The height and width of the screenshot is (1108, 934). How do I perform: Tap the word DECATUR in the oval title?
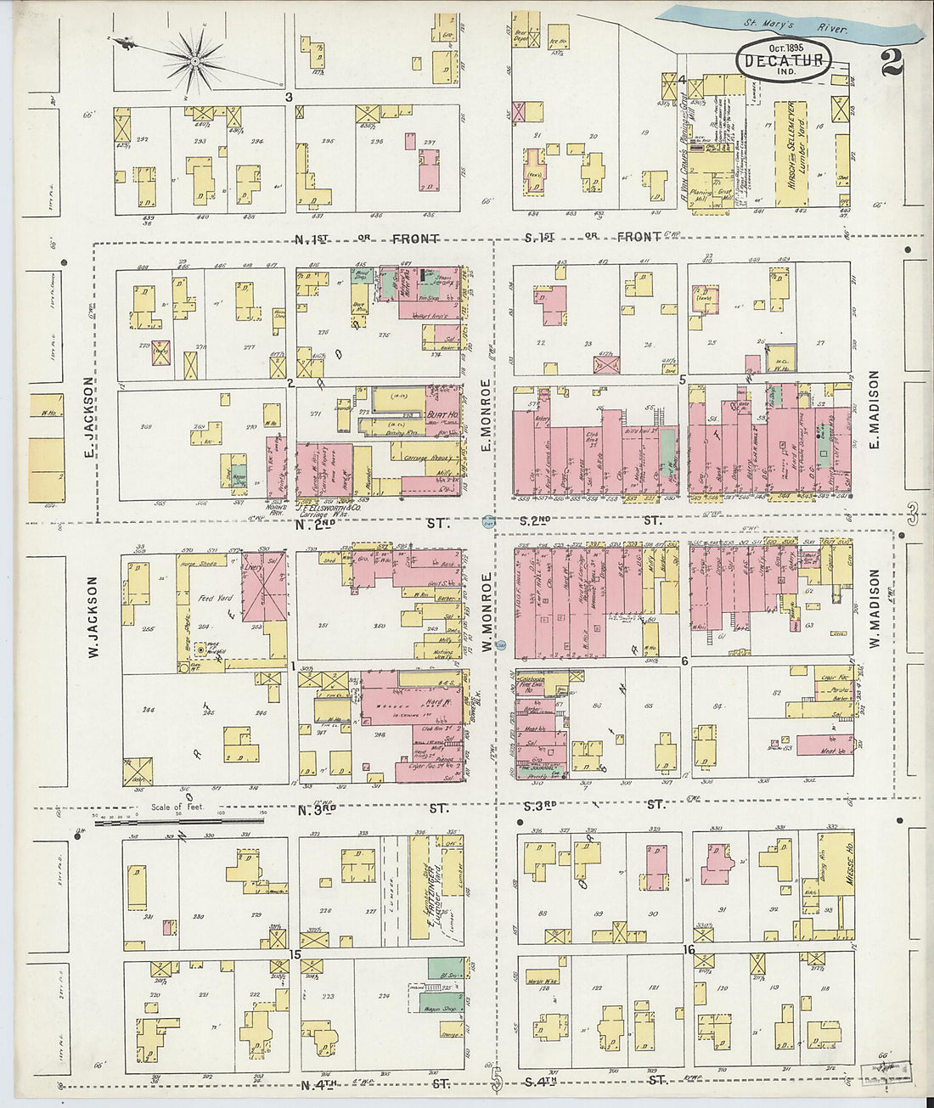coord(783,60)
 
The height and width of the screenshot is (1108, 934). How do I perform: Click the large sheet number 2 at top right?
coord(892,62)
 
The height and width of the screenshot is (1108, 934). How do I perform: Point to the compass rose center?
coord(194,60)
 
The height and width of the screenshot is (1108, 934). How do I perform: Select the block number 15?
coord(295,955)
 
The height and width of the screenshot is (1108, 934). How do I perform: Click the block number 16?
coord(689,950)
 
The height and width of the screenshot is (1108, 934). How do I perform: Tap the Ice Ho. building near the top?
coord(558,38)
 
